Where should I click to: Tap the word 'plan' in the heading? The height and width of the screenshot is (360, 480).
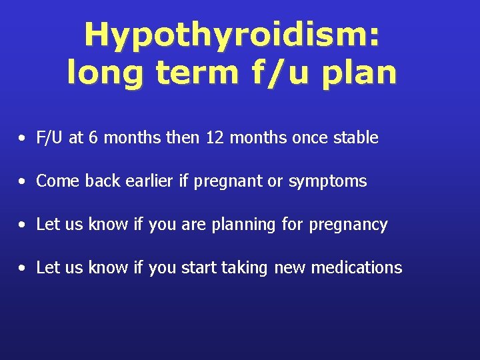(x=359, y=73)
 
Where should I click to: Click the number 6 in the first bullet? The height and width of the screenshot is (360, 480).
(x=92, y=138)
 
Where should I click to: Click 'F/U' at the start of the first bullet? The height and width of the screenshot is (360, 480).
(x=50, y=138)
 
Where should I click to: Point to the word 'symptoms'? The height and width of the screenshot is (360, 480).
(x=327, y=181)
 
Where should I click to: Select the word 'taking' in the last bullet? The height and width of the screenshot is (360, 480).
(x=243, y=268)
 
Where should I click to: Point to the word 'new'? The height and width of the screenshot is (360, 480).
(x=290, y=268)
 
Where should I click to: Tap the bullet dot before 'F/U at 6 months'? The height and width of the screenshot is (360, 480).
(x=23, y=139)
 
